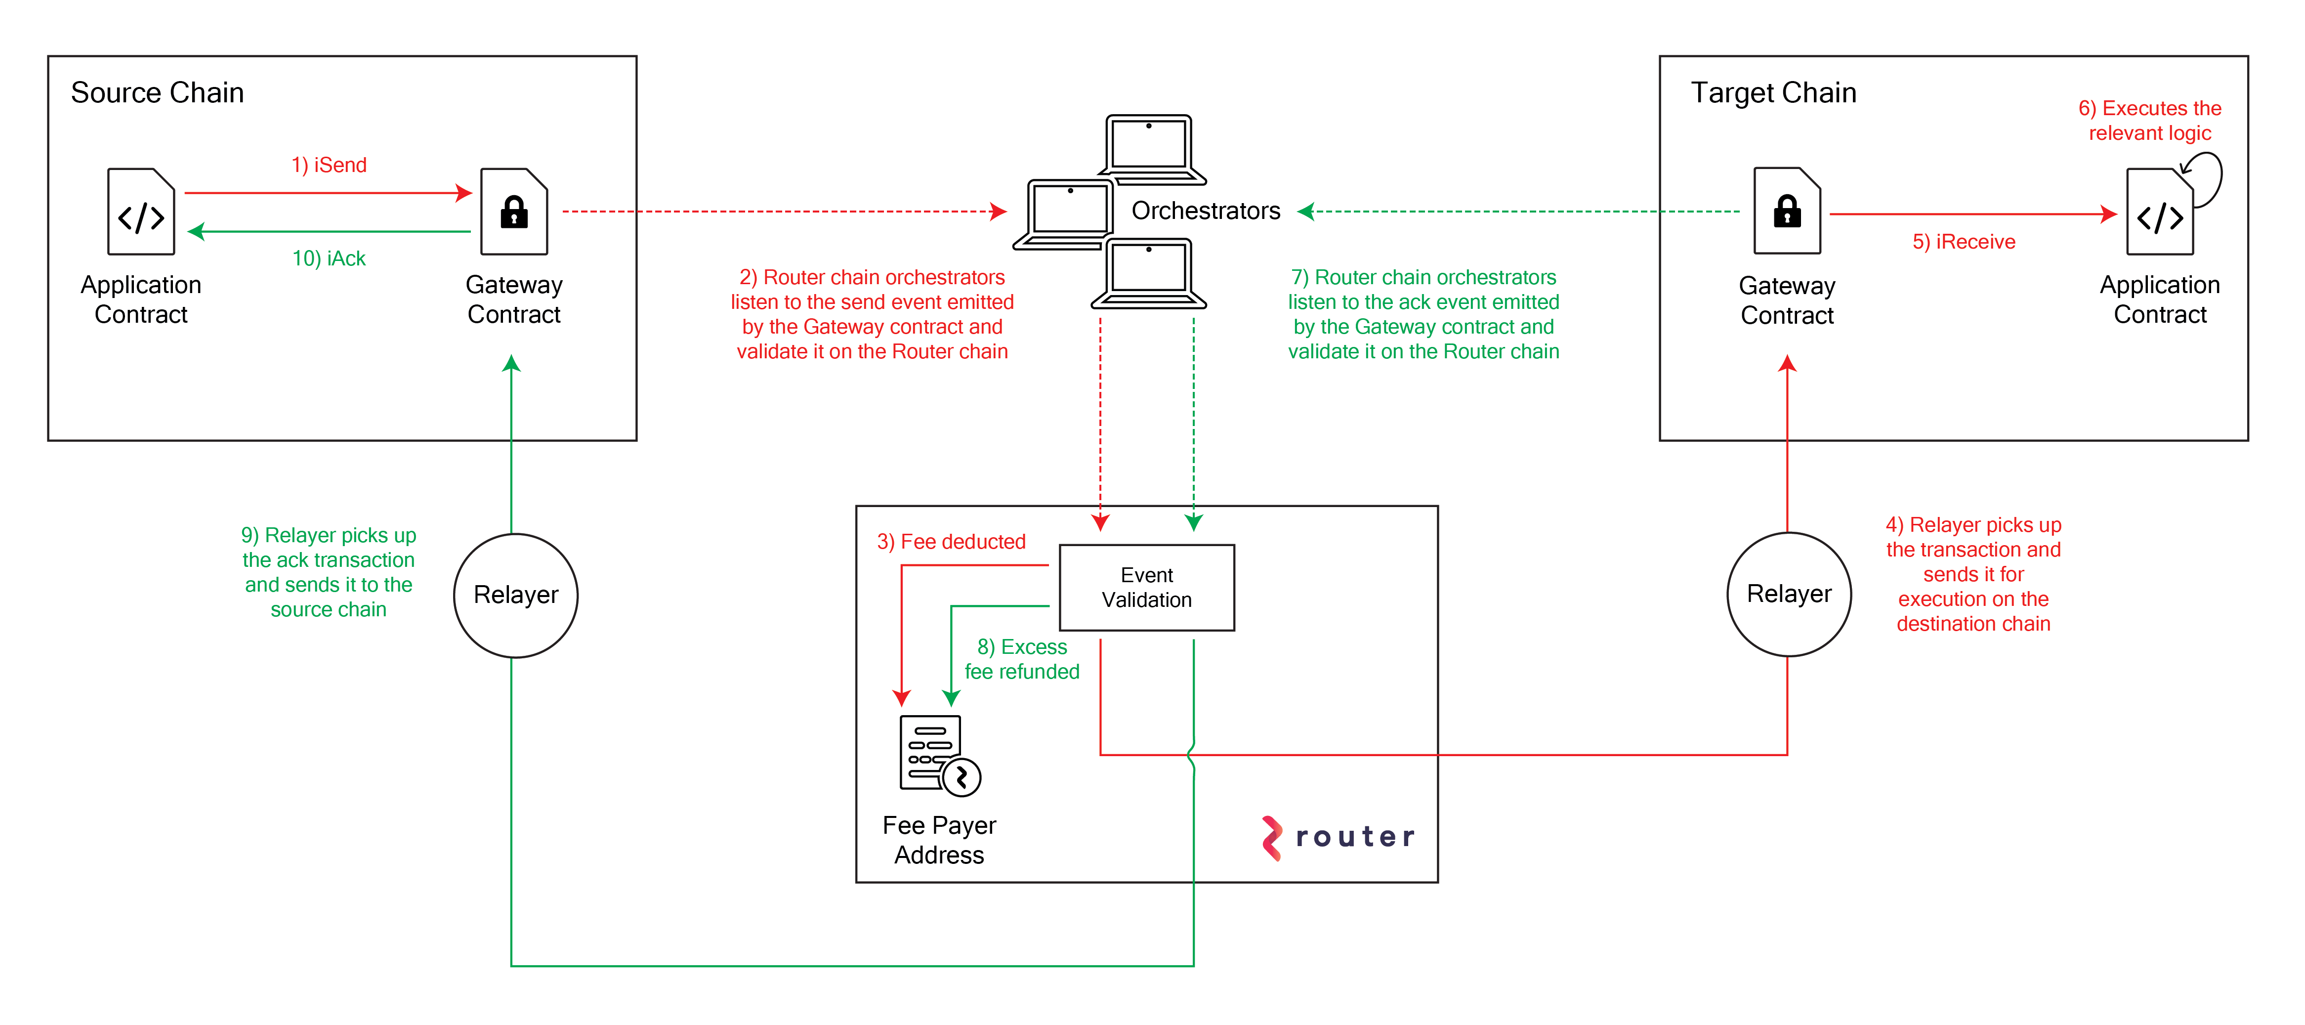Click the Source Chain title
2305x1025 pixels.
[158, 93]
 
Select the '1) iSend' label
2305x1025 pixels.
[329, 166]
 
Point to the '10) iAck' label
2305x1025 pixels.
[329, 258]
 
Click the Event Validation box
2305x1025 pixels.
[1146, 588]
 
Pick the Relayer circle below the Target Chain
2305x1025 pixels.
[1789, 595]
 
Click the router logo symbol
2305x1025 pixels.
[1271, 838]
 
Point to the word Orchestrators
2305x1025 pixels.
[1205, 211]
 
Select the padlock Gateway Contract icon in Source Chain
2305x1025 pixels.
[513, 212]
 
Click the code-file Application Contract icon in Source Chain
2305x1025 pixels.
[141, 212]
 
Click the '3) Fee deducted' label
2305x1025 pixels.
[951, 542]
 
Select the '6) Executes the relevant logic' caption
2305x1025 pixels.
[2149, 121]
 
